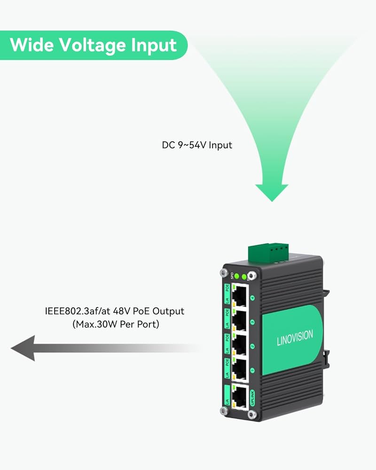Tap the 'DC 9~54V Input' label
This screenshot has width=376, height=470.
pyautogui.click(x=197, y=145)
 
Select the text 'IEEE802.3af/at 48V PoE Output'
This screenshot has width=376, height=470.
pyautogui.click(x=114, y=311)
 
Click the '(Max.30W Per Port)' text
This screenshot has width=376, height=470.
pyautogui.click(x=116, y=324)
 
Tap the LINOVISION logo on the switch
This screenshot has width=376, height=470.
pyautogui.click(x=295, y=339)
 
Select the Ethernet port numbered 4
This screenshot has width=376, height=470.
pyautogui.click(x=239, y=295)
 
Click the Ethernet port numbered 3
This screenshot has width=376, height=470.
pyautogui.click(x=239, y=321)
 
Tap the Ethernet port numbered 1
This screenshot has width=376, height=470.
pyautogui.click(x=239, y=371)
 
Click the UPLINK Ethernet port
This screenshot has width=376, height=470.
pyautogui.click(x=239, y=397)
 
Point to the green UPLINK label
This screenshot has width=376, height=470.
pyautogui.click(x=252, y=398)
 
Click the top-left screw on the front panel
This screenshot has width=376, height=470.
pyautogui.click(x=224, y=273)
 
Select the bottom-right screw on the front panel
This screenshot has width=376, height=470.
pyautogui.click(x=253, y=414)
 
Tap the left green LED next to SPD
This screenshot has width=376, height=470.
pyautogui.click(x=237, y=276)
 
